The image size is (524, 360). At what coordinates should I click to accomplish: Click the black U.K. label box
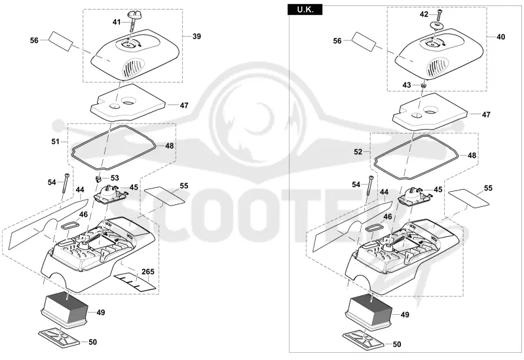(x=305, y=10)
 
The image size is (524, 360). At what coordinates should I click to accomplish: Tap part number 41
(x=117, y=22)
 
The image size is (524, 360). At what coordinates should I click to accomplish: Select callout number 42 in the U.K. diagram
(x=424, y=14)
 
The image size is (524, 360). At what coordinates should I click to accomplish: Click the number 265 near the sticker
(x=148, y=272)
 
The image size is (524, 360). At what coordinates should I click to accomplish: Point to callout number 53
(x=115, y=178)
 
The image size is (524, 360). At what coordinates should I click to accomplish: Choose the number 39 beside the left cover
(x=197, y=36)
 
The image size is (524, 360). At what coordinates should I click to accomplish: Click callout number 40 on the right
(x=500, y=37)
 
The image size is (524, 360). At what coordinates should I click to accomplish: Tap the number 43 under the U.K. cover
(x=406, y=85)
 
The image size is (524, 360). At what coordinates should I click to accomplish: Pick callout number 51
(x=56, y=141)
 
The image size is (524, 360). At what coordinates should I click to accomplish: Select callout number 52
(x=358, y=152)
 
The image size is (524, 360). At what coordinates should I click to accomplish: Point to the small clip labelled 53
(x=98, y=178)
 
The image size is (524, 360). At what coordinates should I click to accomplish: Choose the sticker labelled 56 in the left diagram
(x=60, y=41)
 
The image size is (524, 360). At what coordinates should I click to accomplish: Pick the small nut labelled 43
(x=424, y=85)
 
